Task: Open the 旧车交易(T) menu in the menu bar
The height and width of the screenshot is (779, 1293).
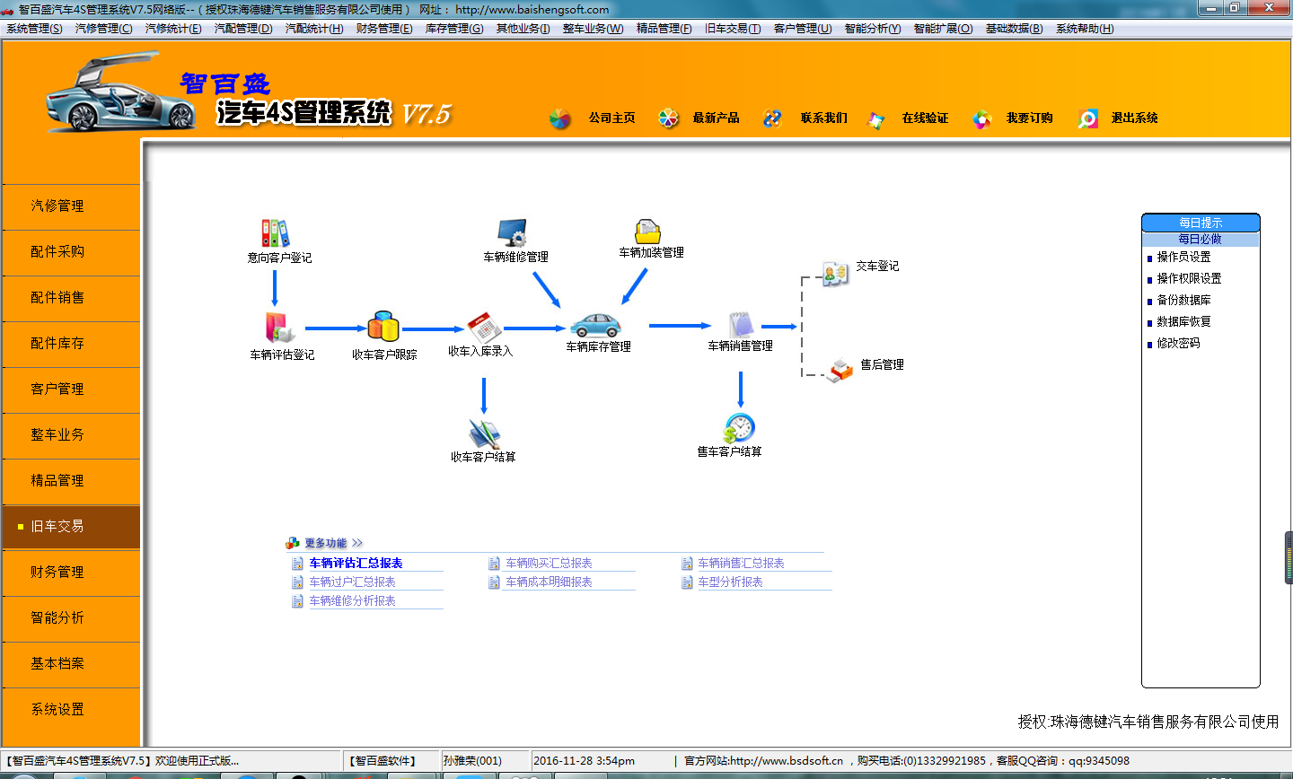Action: (x=733, y=29)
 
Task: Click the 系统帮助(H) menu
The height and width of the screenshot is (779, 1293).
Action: (x=1085, y=29)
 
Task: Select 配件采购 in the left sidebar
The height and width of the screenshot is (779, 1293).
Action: (x=57, y=251)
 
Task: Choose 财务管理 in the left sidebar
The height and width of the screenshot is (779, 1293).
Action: (x=57, y=572)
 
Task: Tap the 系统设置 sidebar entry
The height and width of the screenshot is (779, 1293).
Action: (x=57, y=709)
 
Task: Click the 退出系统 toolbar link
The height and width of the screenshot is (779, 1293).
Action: (x=1134, y=118)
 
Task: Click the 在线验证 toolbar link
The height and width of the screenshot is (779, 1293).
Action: (x=925, y=118)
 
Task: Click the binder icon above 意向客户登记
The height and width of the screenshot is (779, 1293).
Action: (x=276, y=233)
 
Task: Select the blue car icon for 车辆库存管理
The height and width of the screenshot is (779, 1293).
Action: (x=595, y=326)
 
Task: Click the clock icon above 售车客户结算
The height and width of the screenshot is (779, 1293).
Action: (x=739, y=427)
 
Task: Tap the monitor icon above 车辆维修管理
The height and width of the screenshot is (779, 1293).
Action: (x=513, y=232)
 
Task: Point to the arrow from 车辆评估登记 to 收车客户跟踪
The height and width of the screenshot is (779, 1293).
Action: (x=336, y=328)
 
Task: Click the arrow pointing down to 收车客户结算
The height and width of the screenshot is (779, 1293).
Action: (x=484, y=396)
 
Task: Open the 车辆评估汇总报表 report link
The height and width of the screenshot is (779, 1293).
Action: (x=356, y=564)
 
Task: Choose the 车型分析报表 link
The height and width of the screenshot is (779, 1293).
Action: (x=730, y=582)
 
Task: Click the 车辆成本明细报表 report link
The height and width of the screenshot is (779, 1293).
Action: (x=549, y=582)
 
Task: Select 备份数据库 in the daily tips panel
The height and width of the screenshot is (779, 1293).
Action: (x=1183, y=300)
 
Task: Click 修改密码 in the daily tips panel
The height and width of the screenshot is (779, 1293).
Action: (x=1178, y=344)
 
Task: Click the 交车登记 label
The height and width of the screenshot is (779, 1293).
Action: (x=876, y=266)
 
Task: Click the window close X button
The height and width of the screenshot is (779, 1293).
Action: (x=1269, y=7)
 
